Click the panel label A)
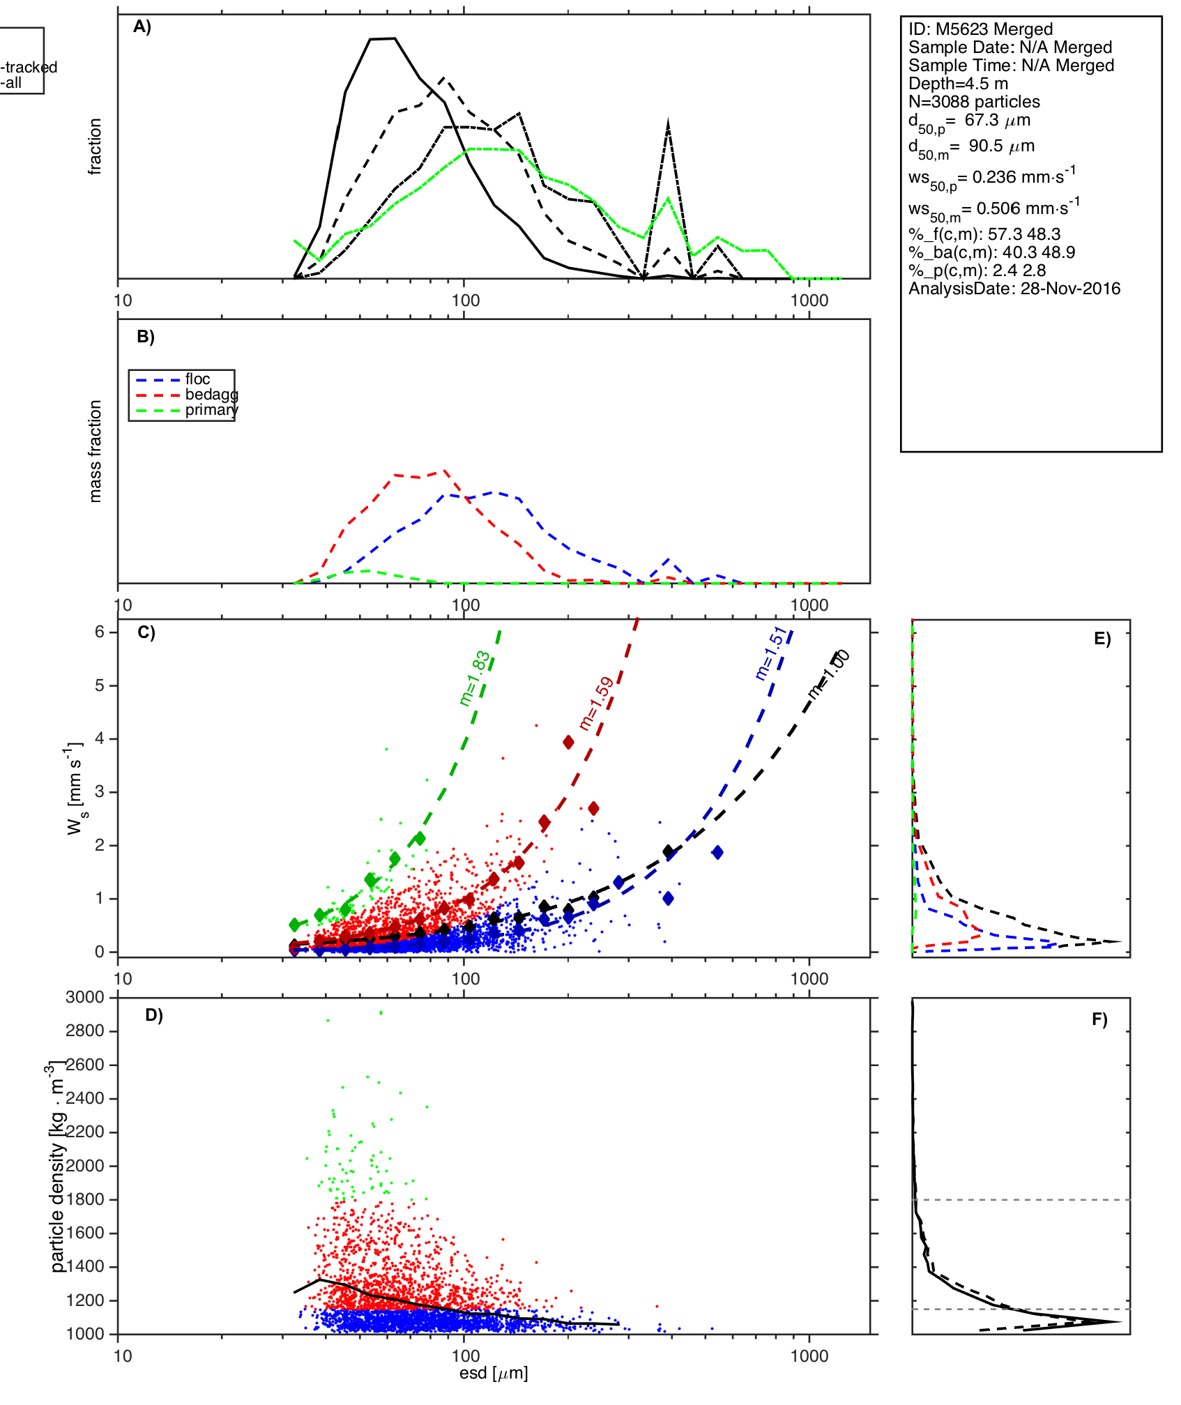click(x=142, y=27)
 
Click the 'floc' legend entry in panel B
click(x=197, y=379)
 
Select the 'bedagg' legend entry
click(x=211, y=395)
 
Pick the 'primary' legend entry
click(x=211, y=410)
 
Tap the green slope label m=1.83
click(x=475, y=678)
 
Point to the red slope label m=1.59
click(x=596, y=703)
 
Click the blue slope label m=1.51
click(x=770, y=653)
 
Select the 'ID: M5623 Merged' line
click(x=980, y=29)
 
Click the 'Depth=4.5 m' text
click(x=958, y=84)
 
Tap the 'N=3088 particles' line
click(x=974, y=102)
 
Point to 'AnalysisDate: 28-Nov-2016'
click(x=1014, y=289)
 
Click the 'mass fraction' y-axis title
click(x=96, y=451)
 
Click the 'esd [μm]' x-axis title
click(x=494, y=1374)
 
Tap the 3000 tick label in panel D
click(x=85, y=997)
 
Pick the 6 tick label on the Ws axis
click(x=100, y=632)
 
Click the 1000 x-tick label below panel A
click(x=809, y=301)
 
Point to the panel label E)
click(x=1102, y=639)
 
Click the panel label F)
click(x=1099, y=1019)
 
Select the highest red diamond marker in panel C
click(x=569, y=742)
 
